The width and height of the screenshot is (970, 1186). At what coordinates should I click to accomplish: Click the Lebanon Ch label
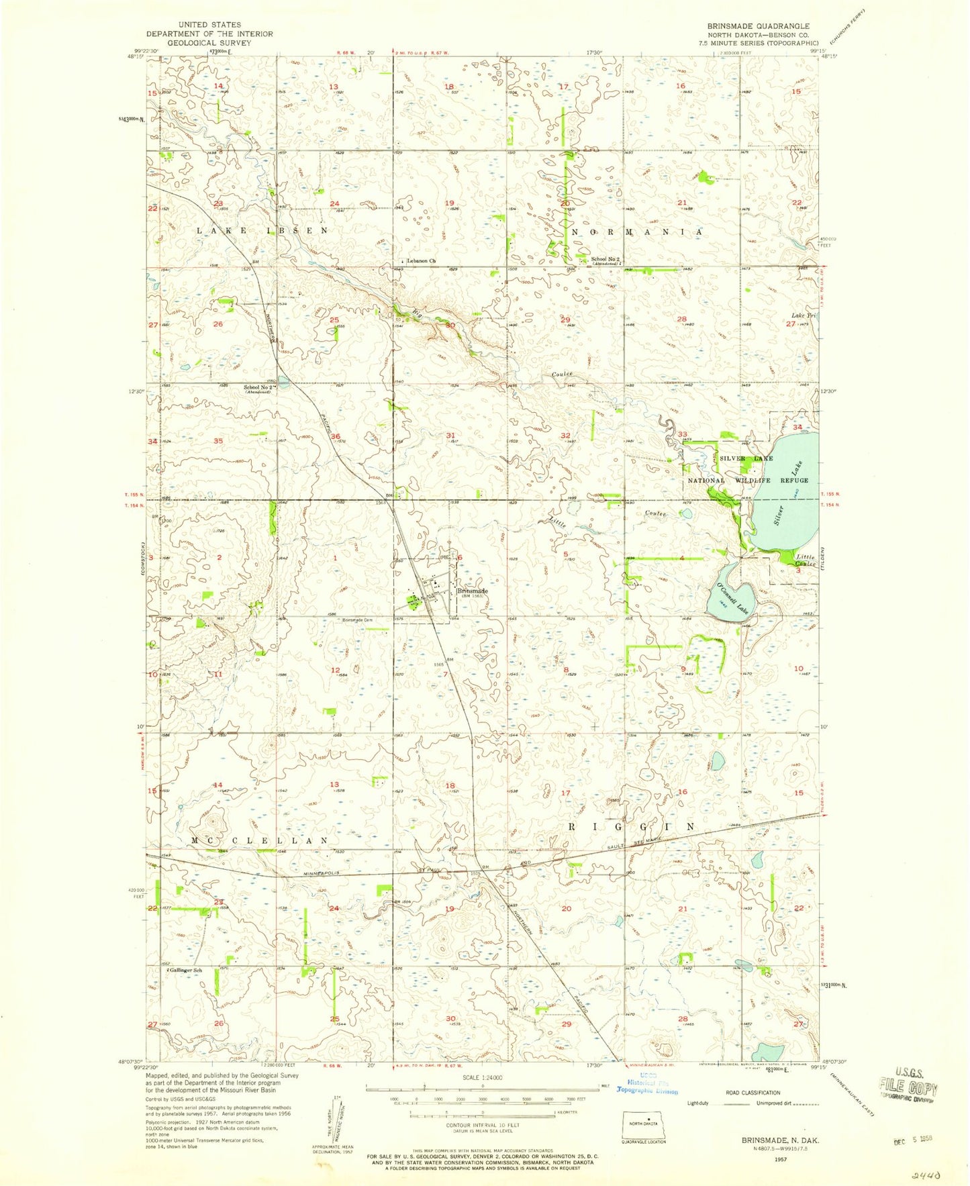pyautogui.click(x=423, y=260)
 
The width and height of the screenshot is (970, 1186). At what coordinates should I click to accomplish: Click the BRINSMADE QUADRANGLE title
pyautogui.click(x=758, y=26)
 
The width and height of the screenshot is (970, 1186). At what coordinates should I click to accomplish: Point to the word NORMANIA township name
pyautogui.click(x=636, y=232)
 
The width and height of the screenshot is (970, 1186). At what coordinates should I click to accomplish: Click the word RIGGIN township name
pyautogui.click(x=632, y=827)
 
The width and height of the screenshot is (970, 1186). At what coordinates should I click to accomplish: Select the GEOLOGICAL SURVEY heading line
pyautogui.click(x=210, y=42)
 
